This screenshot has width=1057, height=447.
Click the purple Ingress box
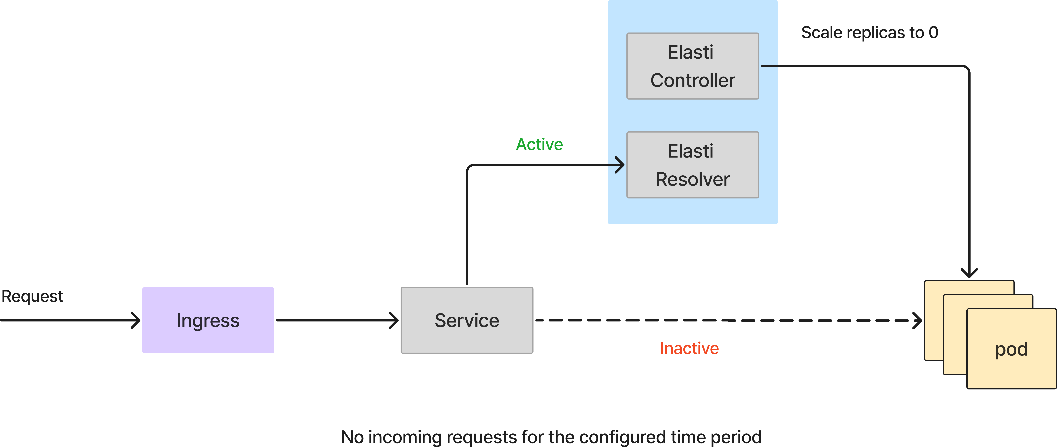tap(208, 320)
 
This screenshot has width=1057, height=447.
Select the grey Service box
tap(467, 320)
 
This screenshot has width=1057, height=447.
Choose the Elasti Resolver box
tap(693, 165)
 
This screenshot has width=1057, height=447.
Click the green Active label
tap(539, 144)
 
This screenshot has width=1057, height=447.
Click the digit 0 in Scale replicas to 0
tap(933, 32)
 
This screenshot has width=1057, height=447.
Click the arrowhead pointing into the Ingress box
tap(135, 320)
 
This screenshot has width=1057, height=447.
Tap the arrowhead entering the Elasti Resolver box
tap(620, 165)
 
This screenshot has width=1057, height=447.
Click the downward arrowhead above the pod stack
tap(969, 273)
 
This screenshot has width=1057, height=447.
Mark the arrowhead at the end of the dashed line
tap(917, 320)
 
